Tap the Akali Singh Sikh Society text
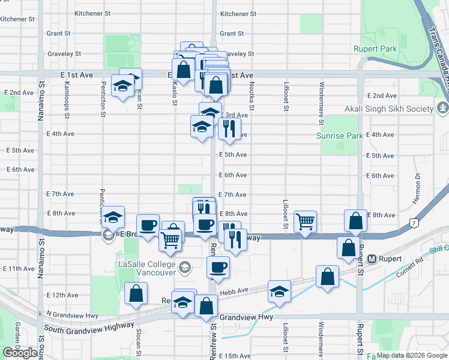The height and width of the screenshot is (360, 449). [x=389, y=109]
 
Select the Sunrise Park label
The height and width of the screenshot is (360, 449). [x=340, y=136]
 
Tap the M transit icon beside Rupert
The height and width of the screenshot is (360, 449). [x=372, y=259]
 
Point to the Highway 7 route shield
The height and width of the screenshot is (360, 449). [x=414, y=223]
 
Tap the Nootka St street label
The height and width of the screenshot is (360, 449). [x=253, y=96]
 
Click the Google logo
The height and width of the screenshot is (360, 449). [x=20, y=353]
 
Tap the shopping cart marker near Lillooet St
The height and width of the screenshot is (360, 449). [x=306, y=221]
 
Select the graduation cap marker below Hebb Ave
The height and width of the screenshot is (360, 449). [x=279, y=292]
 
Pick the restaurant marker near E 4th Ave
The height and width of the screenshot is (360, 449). [x=229, y=128]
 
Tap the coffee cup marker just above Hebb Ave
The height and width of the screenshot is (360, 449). [x=218, y=267]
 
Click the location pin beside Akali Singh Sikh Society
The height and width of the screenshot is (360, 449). [x=442, y=108]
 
